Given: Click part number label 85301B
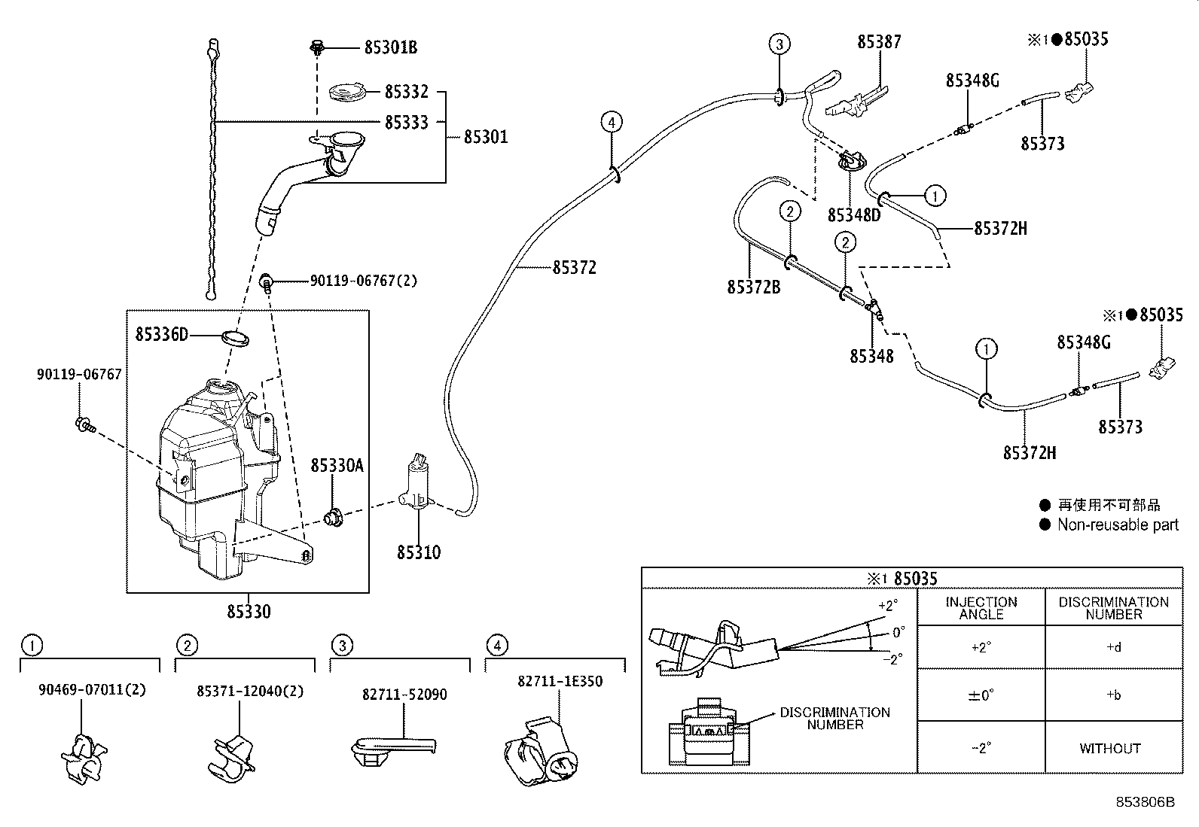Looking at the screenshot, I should pos(390,47).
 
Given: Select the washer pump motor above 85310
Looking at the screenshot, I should pos(416,485).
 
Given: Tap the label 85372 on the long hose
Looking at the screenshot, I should pos(574,268).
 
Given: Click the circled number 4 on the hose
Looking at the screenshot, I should pos(612,122).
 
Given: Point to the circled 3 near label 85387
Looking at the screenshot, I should pos(780,44).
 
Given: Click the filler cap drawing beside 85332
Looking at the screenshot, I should pos(347,93).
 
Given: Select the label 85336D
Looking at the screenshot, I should pos(162,334).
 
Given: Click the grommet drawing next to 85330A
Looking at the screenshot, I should pos(332,517).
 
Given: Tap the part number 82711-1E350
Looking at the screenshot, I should pos(560,682).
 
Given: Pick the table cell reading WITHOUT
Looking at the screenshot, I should pos(1109,749).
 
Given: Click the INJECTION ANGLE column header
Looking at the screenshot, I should pos(981,608).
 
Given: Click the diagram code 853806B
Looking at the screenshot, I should pos(1145,802).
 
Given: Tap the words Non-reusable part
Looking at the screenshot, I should pos(1117,525).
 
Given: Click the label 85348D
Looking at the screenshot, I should pos(853,215).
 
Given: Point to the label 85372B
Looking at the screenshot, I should pos(753,287).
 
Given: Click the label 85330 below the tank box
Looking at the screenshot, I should pos(249,611).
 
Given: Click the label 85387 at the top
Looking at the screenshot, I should pos(879,42).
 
